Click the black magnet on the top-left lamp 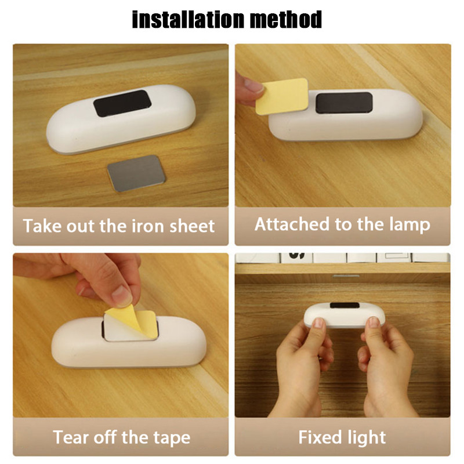122,103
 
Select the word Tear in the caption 70,437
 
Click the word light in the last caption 368,437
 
